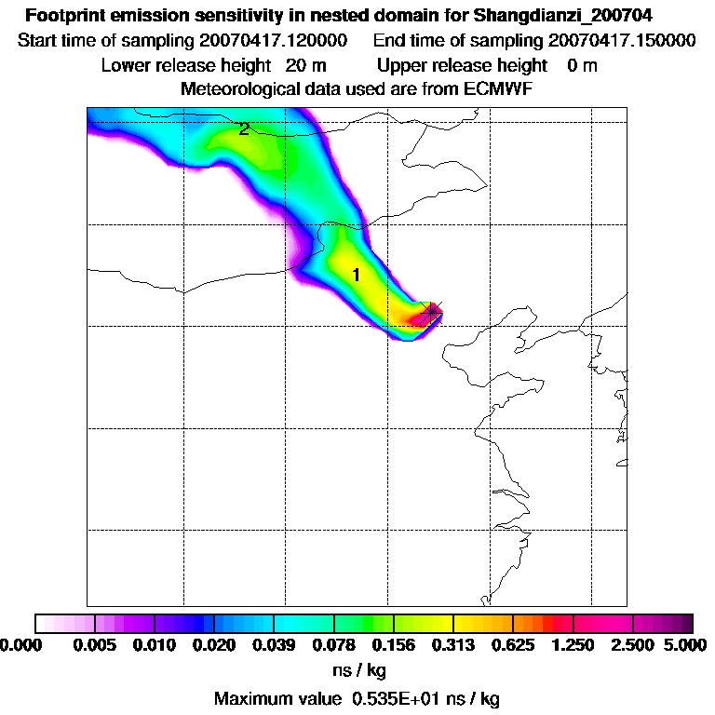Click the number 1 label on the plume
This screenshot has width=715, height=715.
(x=356, y=275)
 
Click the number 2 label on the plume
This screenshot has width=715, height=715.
(x=244, y=129)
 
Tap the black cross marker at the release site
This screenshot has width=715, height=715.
(x=430, y=313)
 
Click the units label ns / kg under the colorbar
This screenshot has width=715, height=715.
(x=358, y=670)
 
